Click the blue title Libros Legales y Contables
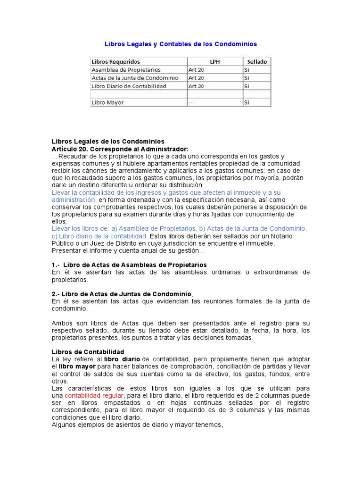click(181, 44)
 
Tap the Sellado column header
click(256, 62)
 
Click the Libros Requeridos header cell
click(115, 62)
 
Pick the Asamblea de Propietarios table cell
click(126, 70)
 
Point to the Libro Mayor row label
click(108, 102)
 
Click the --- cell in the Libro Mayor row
click(192, 102)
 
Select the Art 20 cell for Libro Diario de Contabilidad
click(196, 86)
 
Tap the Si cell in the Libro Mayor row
click(246, 102)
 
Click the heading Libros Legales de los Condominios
click(108, 142)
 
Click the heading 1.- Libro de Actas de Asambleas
click(129, 265)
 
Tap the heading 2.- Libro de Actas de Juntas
click(122, 294)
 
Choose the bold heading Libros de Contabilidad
click(88, 352)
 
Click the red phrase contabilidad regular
click(94, 395)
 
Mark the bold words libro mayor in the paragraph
click(77, 366)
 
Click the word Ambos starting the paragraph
click(61, 323)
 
